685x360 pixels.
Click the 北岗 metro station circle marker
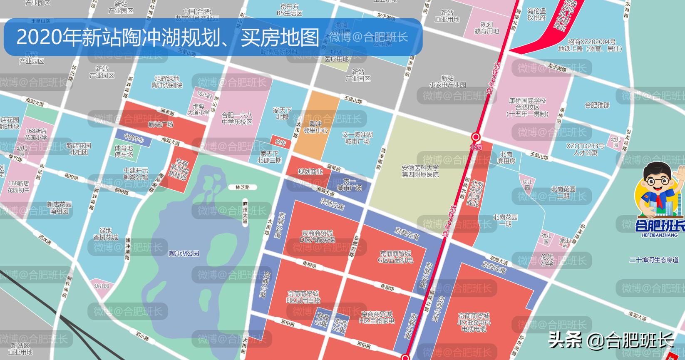tap(476, 137)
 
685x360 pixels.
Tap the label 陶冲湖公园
tap(184, 253)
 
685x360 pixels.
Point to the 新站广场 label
tap(161, 124)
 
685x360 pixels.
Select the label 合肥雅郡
tap(597, 105)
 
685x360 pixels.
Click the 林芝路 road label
tap(242, 187)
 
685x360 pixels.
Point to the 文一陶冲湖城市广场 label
tap(357, 138)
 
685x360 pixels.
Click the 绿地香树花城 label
tap(106, 234)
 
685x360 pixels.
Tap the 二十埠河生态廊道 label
tap(654, 260)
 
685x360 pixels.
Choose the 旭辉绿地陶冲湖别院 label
tap(167, 82)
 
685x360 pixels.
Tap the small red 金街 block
tap(280, 142)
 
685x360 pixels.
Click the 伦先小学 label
tap(547, 260)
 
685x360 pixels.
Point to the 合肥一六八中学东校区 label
tap(237, 119)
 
